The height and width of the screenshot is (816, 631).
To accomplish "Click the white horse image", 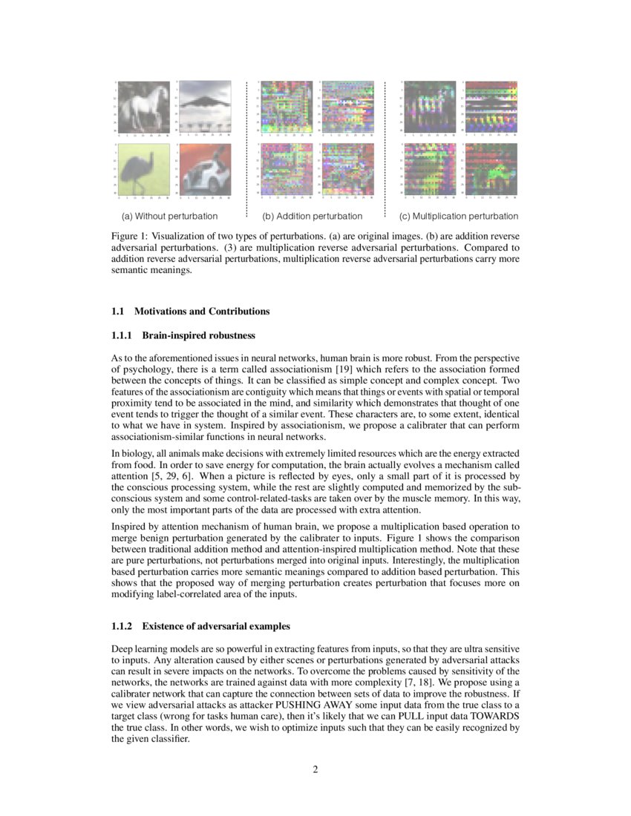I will tap(144, 107).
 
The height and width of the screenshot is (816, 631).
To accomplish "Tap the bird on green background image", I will tap(144, 169).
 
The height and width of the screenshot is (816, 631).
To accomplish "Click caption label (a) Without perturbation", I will tap(169, 217).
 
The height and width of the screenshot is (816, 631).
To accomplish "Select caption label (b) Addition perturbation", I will tap(312, 217).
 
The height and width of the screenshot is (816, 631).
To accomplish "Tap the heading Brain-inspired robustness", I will tap(198, 336).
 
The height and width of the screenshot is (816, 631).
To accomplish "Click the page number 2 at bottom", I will tap(315, 769).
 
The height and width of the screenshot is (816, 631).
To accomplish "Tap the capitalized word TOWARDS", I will tap(494, 717).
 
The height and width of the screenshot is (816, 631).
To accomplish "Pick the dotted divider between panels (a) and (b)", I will tap(246, 148).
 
